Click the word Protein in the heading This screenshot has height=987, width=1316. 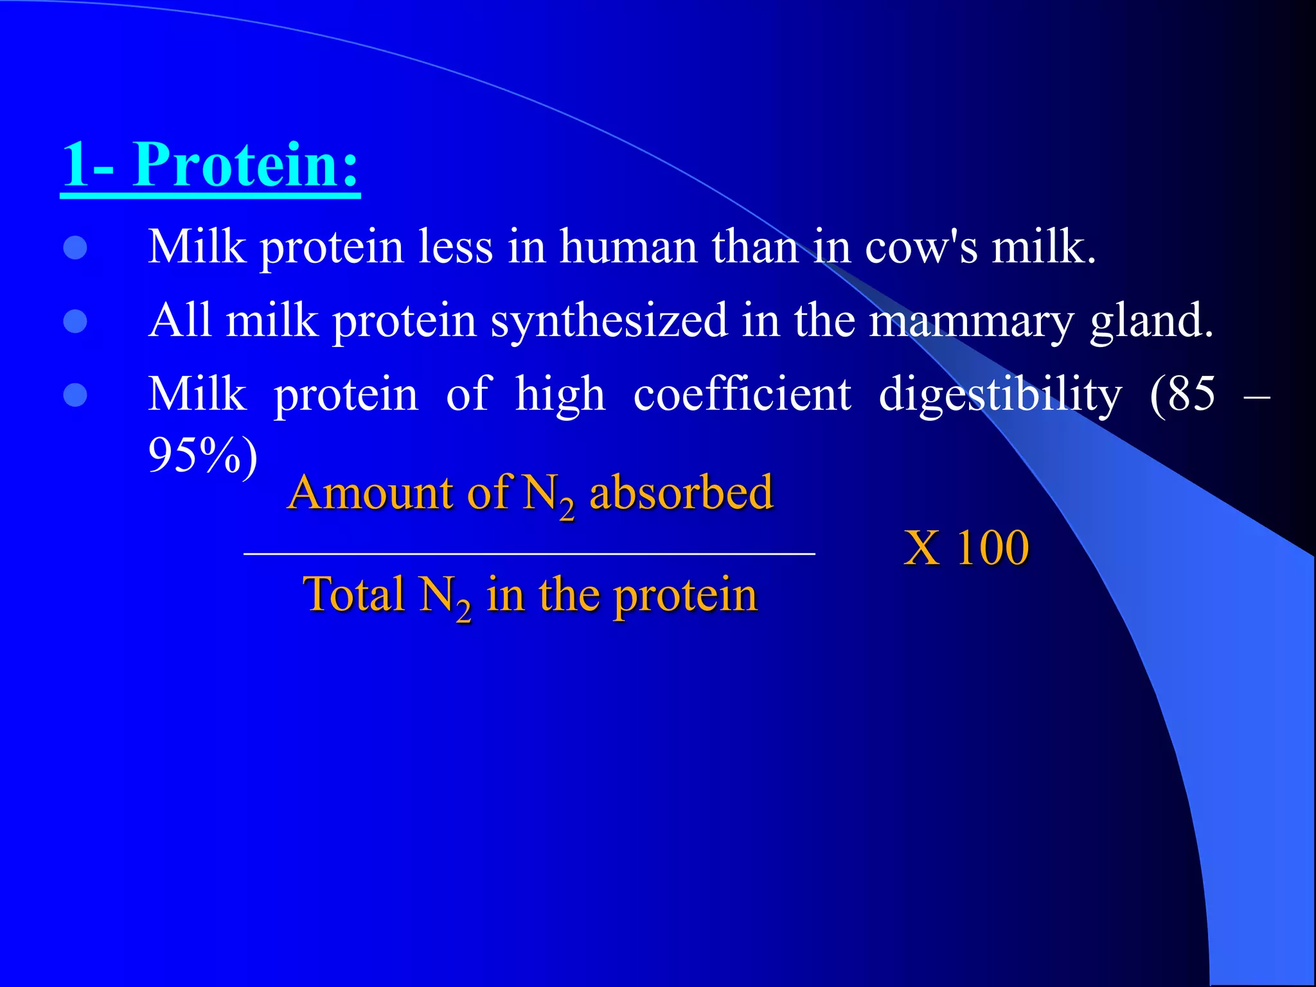point(244,166)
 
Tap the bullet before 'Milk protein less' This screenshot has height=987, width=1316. point(75,248)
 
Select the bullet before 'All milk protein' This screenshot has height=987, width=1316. point(75,322)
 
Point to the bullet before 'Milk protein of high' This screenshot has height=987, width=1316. point(75,396)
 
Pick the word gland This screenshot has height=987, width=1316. point(1150,322)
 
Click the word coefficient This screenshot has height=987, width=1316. point(742,395)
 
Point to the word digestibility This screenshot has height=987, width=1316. point(999,396)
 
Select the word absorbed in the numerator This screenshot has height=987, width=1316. point(681,493)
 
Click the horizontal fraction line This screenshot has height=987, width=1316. point(529,553)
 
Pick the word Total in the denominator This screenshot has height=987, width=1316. point(353,595)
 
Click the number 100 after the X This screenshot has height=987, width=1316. point(993,549)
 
